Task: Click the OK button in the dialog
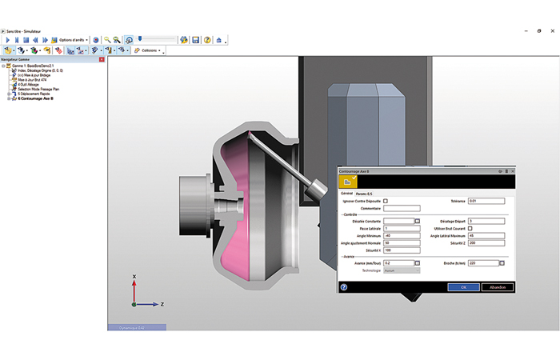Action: click(x=462, y=286)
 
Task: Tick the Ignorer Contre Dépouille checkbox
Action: click(x=386, y=201)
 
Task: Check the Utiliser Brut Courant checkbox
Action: click(x=470, y=229)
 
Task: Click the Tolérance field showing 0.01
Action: click(x=486, y=201)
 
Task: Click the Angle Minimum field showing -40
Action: click(x=401, y=236)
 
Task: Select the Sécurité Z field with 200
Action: click(x=486, y=243)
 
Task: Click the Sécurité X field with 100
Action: click(x=401, y=250)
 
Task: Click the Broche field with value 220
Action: click(x=482, y=262)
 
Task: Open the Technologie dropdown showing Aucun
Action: click(x=401, y=270)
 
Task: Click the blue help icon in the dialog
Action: click(x=344, y=286)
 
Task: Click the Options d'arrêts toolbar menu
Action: click(x=73, y=39)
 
